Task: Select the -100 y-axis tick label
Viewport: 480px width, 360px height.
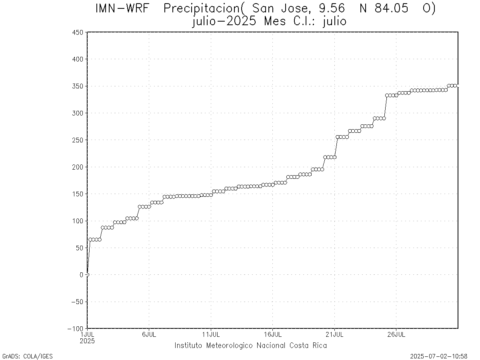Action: pos(76,328)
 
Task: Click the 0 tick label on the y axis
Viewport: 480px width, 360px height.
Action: pos(81,275)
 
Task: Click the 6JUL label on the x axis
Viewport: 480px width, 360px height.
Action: pos(149,334)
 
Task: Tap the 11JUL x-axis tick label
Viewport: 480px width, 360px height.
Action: pos(211,334)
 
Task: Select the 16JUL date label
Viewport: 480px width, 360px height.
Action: pos(272,334)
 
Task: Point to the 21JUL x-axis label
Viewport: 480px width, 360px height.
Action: pos(334,334)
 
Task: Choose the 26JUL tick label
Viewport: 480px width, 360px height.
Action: pos(396,334)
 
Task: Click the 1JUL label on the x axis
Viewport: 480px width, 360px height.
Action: pos(87,334)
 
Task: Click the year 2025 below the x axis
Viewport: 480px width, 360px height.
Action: pos(87,341)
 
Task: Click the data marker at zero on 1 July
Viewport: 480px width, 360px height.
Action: pos(87,274)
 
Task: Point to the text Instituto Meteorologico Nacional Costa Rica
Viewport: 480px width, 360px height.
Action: pos(250,346)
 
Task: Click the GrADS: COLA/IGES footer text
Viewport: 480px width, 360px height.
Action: pos(27,356)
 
